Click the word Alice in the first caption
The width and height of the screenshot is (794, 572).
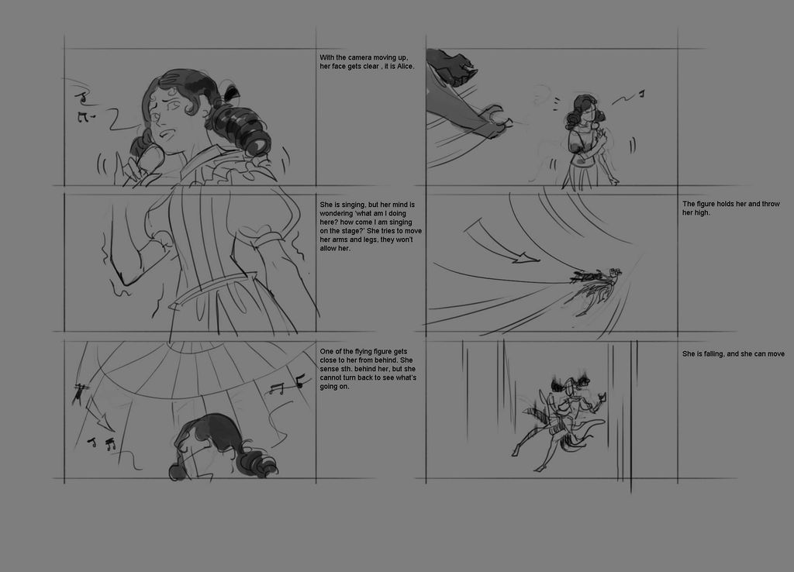point(405,67)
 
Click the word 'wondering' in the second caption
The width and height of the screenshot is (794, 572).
point(337,214)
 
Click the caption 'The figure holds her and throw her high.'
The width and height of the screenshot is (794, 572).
point(730,208)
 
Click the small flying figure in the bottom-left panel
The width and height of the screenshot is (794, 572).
point(79,391)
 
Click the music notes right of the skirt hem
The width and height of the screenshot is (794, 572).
point(285,386)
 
